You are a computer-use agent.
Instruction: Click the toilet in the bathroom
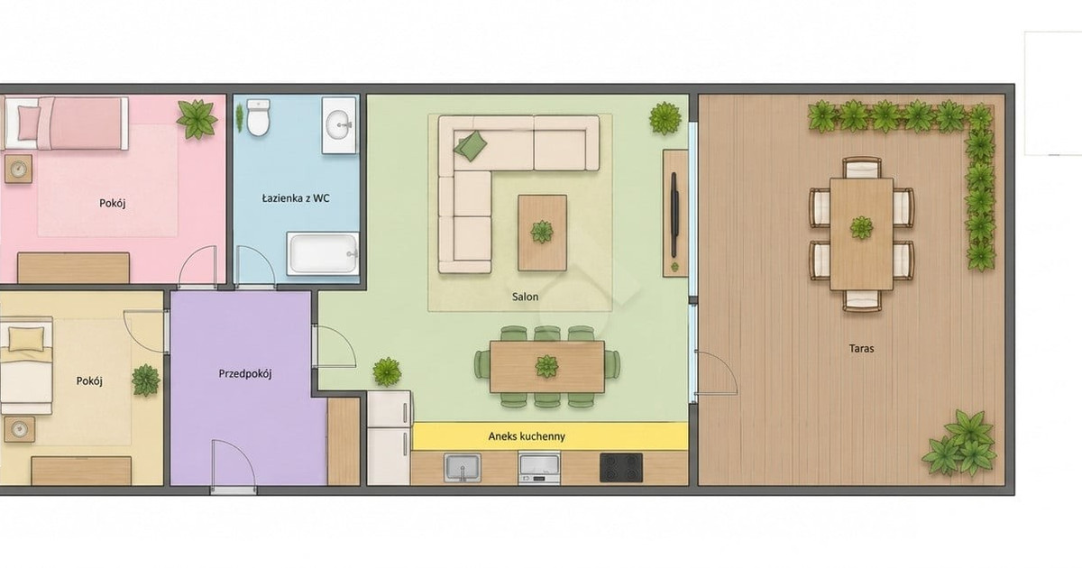pos(259,117)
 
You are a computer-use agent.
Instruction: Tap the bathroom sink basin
pos(339,124)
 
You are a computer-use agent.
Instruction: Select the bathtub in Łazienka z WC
pos(323,253)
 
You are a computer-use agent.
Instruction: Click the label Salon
pos(525,297)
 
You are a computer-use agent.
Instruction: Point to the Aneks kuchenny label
pos(527,436)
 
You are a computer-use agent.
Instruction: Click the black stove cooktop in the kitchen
pos(621,468)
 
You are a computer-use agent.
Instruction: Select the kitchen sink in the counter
pos(463,468)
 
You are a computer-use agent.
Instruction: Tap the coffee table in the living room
pos(543,233)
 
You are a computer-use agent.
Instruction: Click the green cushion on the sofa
pos(471,145)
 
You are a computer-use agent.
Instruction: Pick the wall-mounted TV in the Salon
pos(674,215)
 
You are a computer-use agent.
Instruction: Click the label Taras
pos(861,348)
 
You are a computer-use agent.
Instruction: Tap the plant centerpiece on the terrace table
pos(862,227)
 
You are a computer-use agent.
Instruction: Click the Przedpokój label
pos(245,374)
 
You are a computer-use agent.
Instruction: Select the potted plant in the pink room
pos(197,119)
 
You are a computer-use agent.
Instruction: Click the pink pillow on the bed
pos(29,123)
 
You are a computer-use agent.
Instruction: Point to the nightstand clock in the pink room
pos(18,169)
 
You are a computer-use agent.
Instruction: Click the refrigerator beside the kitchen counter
pos(389,438)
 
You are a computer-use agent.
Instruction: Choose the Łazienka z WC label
pos(296,198)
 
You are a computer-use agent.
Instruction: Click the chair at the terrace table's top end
pos(862,168)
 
